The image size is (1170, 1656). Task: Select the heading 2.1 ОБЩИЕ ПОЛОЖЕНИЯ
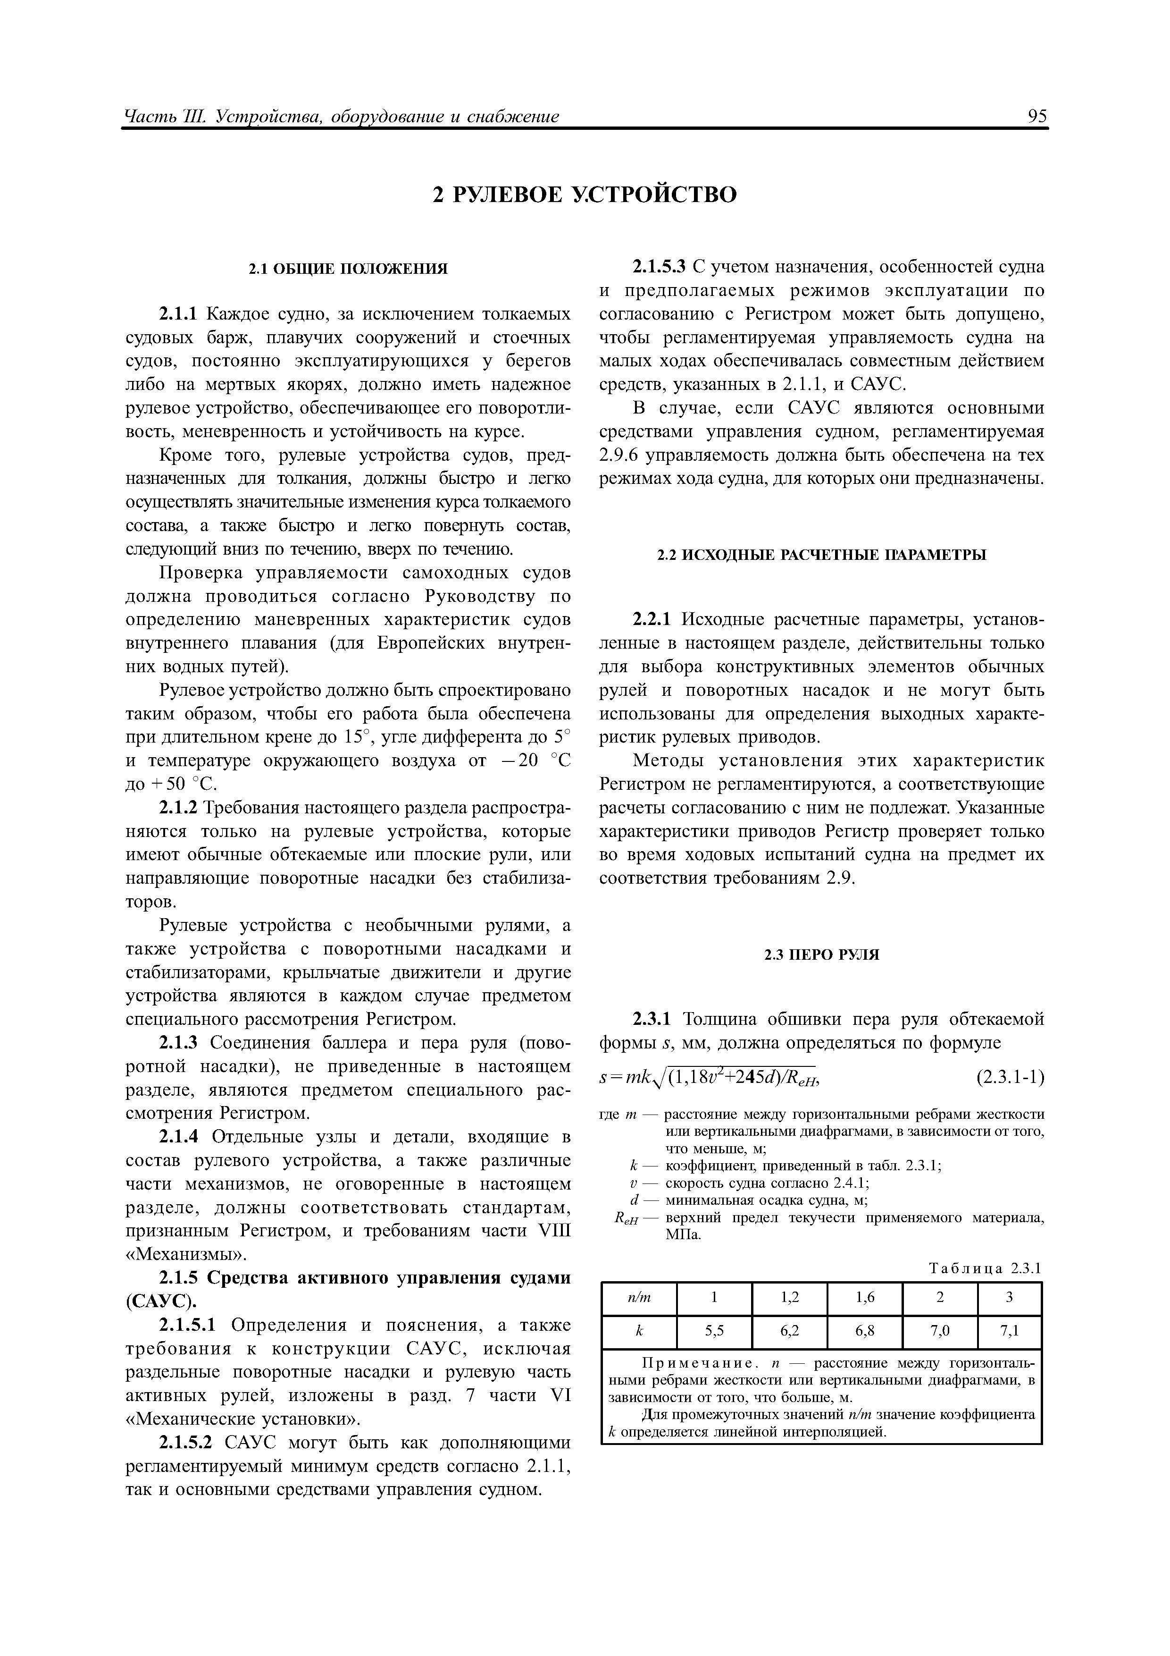[x=348, y=269]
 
